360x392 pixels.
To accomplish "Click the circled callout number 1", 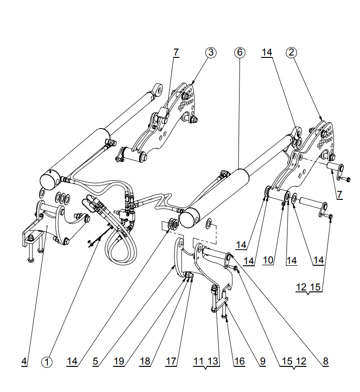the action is (x=46, y=362).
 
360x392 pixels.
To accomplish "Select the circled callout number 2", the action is (x=291, y=53).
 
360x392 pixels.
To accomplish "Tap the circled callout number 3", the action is (x=211, y=53).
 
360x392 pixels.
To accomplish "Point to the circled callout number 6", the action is (x=240, y=53).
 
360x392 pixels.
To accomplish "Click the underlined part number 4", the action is (x=24, y=361).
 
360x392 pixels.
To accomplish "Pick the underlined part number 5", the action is (x=95, y=361).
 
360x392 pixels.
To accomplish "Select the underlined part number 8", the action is (x=325, y=361).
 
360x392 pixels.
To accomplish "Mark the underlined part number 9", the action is (x=262, y=361).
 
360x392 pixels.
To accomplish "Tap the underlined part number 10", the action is (x=268, y=260).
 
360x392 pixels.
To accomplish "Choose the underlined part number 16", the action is (x=240, y=361).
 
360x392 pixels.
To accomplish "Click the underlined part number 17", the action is (x=171, y=361).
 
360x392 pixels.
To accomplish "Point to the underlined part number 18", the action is (x=145, y=361).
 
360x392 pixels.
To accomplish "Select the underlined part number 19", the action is (x=119, y=361).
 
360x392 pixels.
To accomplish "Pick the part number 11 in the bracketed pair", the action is (x=199, y=361).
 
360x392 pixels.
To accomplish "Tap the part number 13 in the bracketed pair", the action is (x=213, y=361).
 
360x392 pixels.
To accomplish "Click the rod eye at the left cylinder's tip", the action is (x=158, y=90).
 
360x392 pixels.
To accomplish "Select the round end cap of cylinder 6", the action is (x=190, y=218).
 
